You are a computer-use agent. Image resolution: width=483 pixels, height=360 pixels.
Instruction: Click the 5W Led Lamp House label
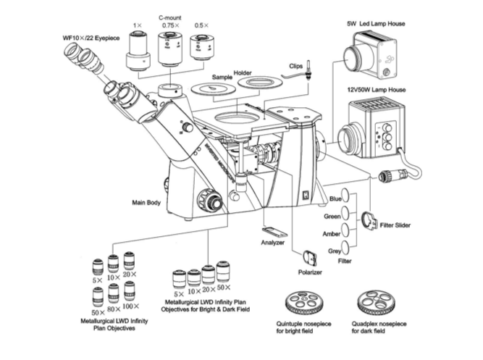coord(374,24)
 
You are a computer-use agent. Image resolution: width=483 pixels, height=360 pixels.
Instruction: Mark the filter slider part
coord(368,220)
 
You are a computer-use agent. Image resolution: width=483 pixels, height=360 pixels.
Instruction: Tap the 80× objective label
coord(114,306)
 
